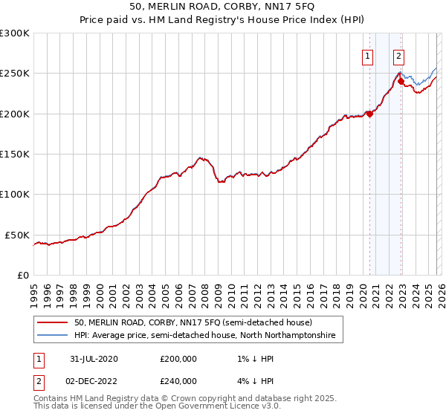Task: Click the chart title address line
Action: click(223, 8)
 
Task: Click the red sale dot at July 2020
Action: click(369, 114)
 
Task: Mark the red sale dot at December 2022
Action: click(400, 82)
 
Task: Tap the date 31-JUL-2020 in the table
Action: click(92, 358)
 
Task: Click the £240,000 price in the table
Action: click(178, 380)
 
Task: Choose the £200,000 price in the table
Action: click(178, 358)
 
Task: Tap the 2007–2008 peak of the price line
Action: click(200, 157)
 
